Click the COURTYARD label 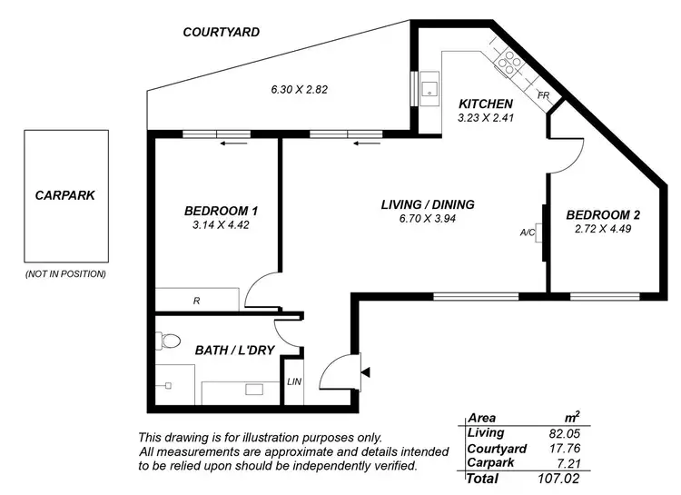pyautogui.click(x=221, y=32)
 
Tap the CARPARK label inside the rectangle pyautogui.click(x=64, y=194)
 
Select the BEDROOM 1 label pyautogui.click(x=215, y=211)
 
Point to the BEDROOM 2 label pyautogui.click(x=603, y=215)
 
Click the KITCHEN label pyautogui.click(x=486, y=104)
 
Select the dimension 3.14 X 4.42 pyautogui.click(x=215, y=225)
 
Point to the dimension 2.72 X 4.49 pyautogui.click(x=603, y=230)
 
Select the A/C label pyautogui.click(x=527, y=233)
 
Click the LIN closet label pyautogui.click(x=294, y=381)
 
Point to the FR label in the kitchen pyautogui.click(x=543, y=95)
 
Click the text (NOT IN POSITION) pyautogui.click(x=64, y=273)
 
